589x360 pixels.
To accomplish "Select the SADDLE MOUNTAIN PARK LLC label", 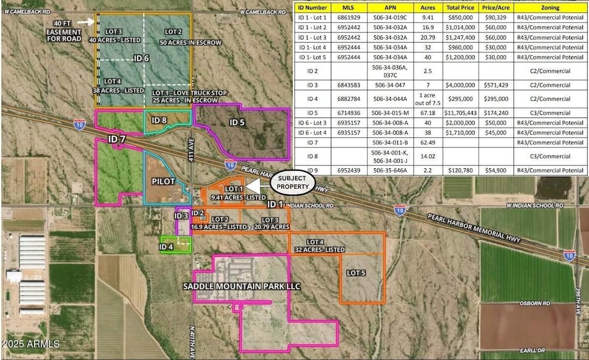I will coord(242,286).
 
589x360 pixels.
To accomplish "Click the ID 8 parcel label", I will coord(159,120).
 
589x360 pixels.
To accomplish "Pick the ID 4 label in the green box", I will coord(167,246).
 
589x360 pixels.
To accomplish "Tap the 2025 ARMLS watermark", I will coord(31,344).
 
